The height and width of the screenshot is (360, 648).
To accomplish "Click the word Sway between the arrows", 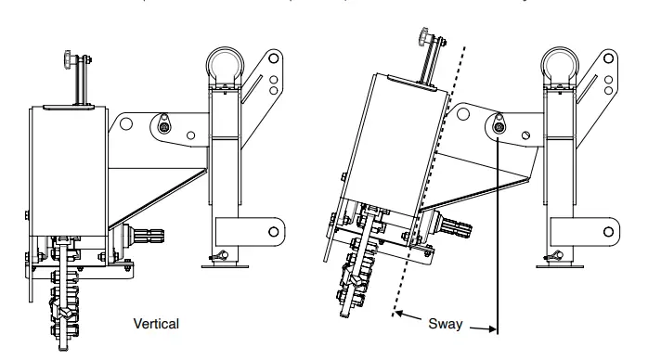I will tap(446, 326).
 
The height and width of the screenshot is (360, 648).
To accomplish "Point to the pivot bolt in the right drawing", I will tap(499, 125).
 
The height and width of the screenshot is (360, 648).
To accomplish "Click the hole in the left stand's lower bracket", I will tap(274, 230).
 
